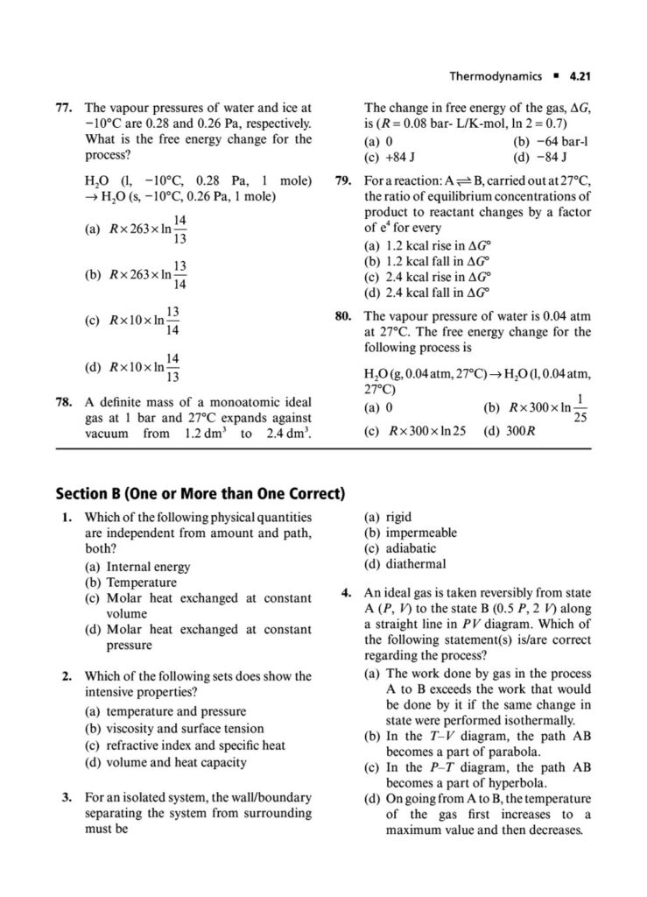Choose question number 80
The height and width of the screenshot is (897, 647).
344,316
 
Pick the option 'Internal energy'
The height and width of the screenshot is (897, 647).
148,567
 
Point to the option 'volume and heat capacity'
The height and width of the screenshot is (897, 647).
176,762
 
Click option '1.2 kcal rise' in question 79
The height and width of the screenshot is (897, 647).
425,246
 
